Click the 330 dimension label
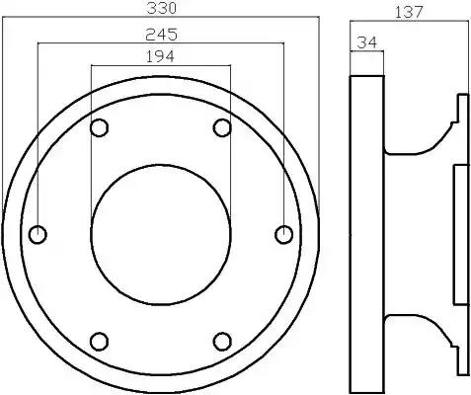[x=161, y=8]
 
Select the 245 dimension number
[x=161, y=35]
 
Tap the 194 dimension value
[x=160, y=56]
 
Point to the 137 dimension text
[x=409, y=13]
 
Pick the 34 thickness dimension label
[x=366, y=42]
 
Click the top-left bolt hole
[x=99, y=127]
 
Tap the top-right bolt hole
[x=222, y=127]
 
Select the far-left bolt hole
[x=38, y=235]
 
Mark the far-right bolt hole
[x=283, y=235]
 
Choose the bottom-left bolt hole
[x=99, y=342]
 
